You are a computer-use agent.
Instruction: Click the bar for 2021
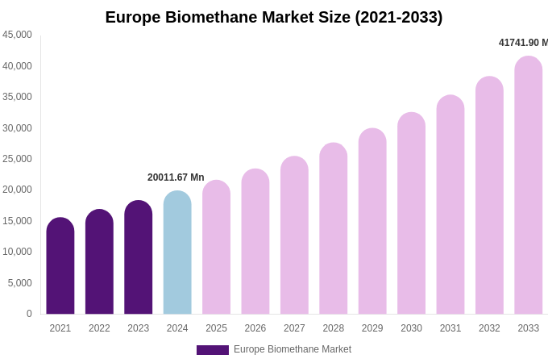pos(60,266)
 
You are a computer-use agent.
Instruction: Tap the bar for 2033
pos(529,186)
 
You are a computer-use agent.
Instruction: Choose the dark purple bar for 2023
pos(139,257)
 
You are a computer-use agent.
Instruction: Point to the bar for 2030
pos(411,213)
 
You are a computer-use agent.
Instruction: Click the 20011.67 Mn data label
pos(176,177)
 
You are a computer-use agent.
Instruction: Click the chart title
pos(274,17)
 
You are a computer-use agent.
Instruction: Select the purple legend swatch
pos(213,350)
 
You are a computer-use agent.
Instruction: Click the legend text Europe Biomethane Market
pos(293,349)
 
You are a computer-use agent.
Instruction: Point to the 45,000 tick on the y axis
pos(17,35)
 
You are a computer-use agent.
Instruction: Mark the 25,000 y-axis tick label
pos(17,159)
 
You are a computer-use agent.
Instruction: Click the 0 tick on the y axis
pos(29,314)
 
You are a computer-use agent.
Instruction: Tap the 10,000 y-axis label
pos(17,252)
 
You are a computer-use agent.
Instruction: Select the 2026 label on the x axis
pos(255,328)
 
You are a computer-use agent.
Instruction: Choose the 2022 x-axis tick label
pos(99,328)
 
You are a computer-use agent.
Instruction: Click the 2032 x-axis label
pos(489,328)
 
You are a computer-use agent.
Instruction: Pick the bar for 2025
pos(216,247)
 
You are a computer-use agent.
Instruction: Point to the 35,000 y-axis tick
pos(17,97)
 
